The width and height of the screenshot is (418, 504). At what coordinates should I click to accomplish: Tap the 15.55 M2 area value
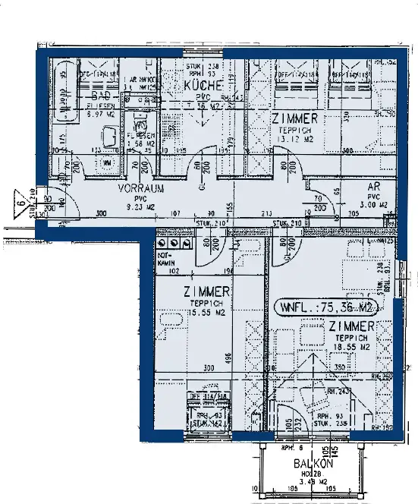206,312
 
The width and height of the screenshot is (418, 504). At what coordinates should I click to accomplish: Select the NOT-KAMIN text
168,260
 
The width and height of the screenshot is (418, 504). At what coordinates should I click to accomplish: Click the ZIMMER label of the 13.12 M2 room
295,119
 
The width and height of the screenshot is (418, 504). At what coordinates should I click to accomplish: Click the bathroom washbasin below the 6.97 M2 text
108,137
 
